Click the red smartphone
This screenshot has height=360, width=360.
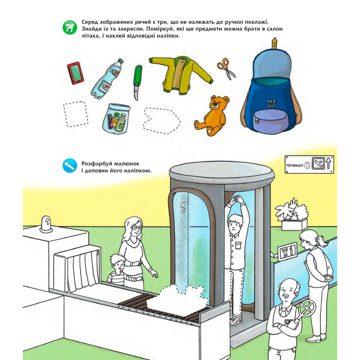click(75, 73)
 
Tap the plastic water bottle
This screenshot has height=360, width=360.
click(107, 79)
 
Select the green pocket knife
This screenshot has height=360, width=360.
click(137, 83)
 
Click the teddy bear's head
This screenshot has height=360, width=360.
click(219, 104)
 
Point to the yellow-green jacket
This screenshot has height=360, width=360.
click(181, 75)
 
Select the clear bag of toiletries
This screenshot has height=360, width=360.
click(116, 118)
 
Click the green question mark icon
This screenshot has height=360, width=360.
click(70, 28)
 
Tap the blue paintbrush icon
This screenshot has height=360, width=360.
click(70, 166)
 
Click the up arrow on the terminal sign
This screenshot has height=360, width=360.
click(328, 163)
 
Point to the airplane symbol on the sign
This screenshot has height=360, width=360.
click(318, 163)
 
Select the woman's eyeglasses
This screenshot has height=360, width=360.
click(137, 227)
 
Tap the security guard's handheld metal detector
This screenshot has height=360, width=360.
click(303, 313)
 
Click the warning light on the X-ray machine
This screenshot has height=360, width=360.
click(46, 224)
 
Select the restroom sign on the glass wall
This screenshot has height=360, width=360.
click(287, 251)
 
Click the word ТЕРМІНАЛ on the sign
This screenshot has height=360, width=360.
click(295, 165)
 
